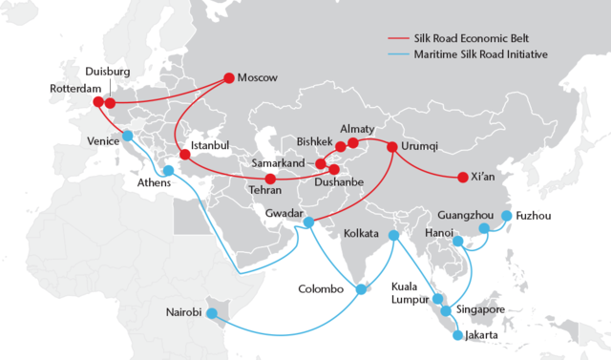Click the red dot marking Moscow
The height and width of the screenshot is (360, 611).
tap(229, 77)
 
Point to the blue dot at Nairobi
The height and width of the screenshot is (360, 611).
tap(213, 312)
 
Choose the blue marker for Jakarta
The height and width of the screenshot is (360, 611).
tap(456, 335)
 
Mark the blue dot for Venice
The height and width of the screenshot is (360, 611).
tap(127, 138)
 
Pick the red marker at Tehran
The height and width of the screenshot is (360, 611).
tap(270, 180)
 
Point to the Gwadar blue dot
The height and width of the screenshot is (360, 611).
tap(308, 222)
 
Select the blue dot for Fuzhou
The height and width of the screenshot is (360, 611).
tap(506, 216)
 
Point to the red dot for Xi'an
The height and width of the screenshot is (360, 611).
tap(463, 178)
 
